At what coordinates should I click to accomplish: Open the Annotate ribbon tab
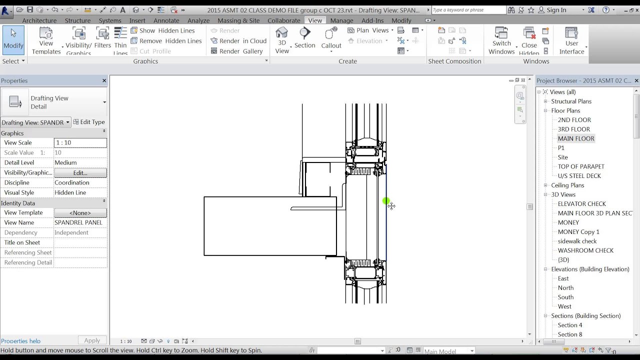(166, 20)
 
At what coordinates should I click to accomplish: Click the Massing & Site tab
(238, 20)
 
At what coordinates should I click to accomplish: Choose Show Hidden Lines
(162, 30)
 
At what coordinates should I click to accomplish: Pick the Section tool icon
(304, 38)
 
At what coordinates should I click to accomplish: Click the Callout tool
(331, 38)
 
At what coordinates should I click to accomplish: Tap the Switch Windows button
(501, 40)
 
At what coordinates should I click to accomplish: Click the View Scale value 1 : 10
(80, 142)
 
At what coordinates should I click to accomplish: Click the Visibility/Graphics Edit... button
(80, 172)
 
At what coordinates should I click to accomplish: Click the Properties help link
(20, 341)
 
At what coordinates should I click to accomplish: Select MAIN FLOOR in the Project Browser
(576, 138)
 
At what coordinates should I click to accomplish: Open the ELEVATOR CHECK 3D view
(581, 204)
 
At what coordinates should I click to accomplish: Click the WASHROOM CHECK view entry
(585, 250)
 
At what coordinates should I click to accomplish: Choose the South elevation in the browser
(565, 297)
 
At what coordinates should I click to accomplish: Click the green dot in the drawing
(386, 201)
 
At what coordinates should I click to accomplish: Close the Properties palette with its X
(104, 80)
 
